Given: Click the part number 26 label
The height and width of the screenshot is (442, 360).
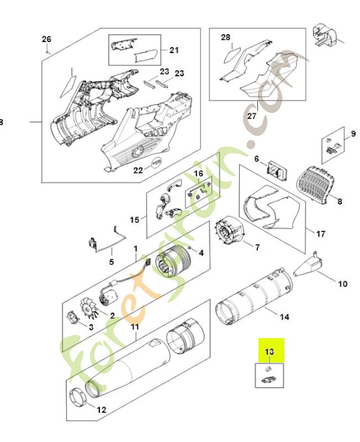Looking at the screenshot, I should [46, 39].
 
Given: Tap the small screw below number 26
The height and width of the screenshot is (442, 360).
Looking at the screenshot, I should [48, 51].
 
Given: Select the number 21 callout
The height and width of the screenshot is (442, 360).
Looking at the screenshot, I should [174, 50].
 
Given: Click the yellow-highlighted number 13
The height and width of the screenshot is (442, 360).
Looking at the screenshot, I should [269, 351].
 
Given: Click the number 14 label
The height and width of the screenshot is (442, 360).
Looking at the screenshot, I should [284, 317].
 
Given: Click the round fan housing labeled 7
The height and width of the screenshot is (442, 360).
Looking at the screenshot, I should [231, 231].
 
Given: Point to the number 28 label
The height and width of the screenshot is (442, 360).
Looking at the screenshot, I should [225, 37].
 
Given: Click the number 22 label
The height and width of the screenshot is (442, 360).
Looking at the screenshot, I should [138, 170].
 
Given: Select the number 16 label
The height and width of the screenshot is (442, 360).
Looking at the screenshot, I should [198, 173].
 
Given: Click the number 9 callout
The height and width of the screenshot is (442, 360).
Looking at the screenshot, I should [353, 134].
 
